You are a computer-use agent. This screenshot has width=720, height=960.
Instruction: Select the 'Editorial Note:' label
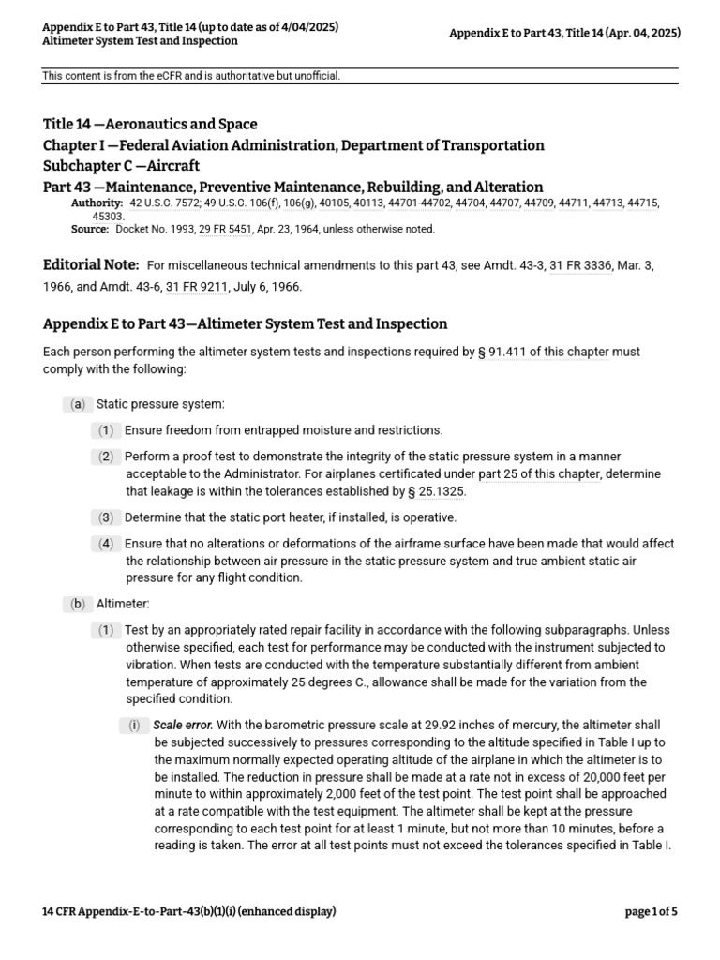[x=91, y=265]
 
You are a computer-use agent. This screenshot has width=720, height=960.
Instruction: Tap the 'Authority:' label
[x=97, y=202]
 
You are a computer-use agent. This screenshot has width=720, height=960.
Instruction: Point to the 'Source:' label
[x=90, y=229]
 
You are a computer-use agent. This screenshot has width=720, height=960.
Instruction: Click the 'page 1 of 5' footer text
[x=651, y=911]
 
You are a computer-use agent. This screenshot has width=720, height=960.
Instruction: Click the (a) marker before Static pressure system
[x=77, y=404]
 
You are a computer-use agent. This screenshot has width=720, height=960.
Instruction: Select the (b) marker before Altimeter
[x=77, y=605]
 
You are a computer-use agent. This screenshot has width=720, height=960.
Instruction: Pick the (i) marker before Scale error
[x=134, y=725]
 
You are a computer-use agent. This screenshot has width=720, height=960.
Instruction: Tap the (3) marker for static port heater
[x=107, y=517]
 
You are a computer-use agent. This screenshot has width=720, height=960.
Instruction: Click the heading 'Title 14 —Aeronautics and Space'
[x=150, y=124]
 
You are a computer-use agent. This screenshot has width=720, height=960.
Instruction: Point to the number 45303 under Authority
[x=110, y=216]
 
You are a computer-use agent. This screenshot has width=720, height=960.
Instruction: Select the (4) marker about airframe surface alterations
[x=107, y=544]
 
